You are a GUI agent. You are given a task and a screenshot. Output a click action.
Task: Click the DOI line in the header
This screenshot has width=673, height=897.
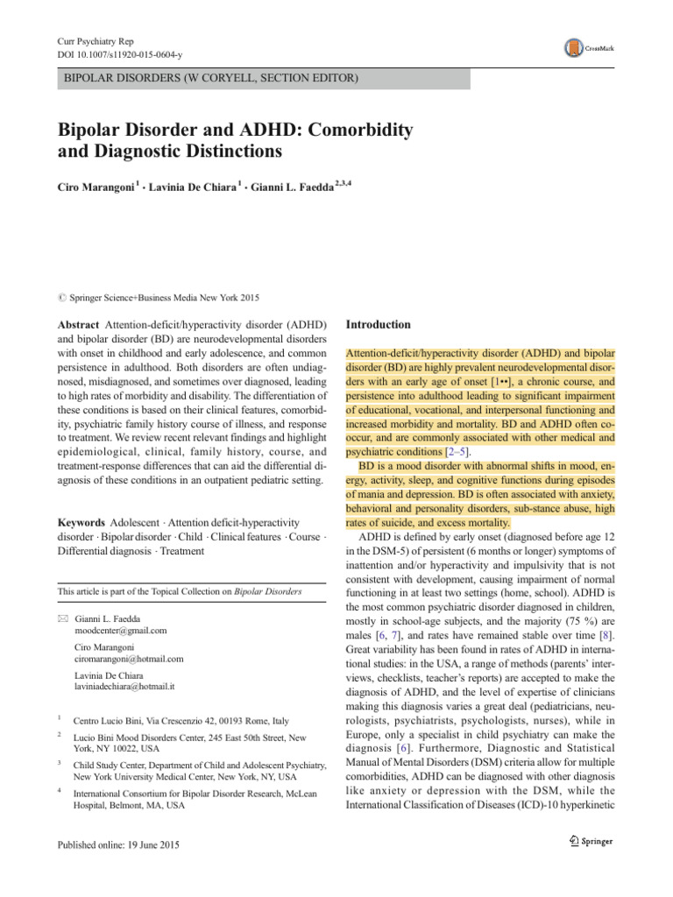tap(118, 54)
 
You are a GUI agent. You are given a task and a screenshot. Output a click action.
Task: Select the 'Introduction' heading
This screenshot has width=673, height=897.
tap(379, 324)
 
